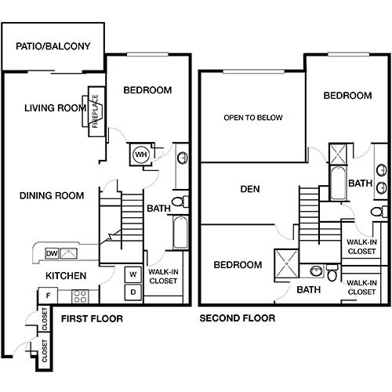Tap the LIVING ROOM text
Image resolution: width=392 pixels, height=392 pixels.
[54, 108]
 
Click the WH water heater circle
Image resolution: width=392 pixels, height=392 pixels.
[142, 154]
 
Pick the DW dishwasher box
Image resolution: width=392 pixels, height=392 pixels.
[52, 253]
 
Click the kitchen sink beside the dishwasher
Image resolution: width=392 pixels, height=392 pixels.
[70, 252]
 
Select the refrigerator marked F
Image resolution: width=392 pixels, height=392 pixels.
[49, 296]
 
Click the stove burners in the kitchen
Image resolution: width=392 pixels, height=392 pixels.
[79, 296]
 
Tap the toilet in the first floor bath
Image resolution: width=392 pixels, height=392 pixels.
[179, 204]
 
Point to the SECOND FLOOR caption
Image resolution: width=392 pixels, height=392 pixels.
[238, 318]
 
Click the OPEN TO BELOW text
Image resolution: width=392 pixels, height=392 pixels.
[252, 118]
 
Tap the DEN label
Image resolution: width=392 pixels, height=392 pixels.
[250, 189]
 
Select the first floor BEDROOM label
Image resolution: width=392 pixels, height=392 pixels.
[147, 90]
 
